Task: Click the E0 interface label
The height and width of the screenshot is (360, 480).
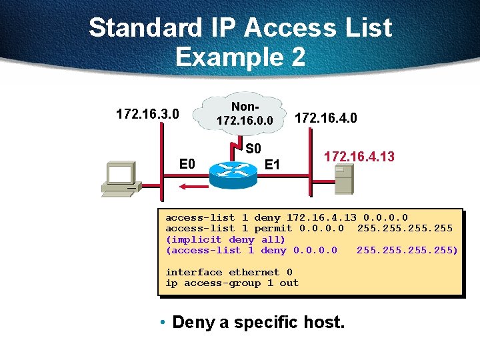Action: click(x=187, y=164)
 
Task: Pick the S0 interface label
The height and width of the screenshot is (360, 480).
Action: click(x=253, y=148)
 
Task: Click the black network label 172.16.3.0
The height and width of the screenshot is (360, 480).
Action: click(x=147, y=114)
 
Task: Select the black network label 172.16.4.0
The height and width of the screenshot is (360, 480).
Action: click(x=326, y=119)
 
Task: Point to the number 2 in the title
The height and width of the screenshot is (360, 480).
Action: click(x=295, y=57)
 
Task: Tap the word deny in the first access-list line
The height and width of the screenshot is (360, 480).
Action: click(x=267, y=217)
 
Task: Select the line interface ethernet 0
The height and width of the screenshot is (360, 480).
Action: click(x=229, y=272)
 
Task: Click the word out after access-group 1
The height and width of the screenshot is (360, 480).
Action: click(x=289, y=283)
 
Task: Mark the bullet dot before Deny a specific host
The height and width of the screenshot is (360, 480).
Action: click(x=163, y=323)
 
